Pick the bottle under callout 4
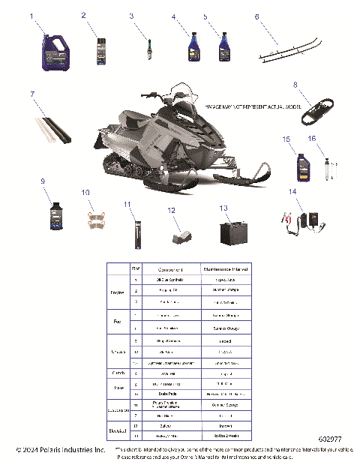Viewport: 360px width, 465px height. (193, 47)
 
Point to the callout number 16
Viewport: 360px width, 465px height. (312, 139)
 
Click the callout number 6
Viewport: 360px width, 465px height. (256, 16)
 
